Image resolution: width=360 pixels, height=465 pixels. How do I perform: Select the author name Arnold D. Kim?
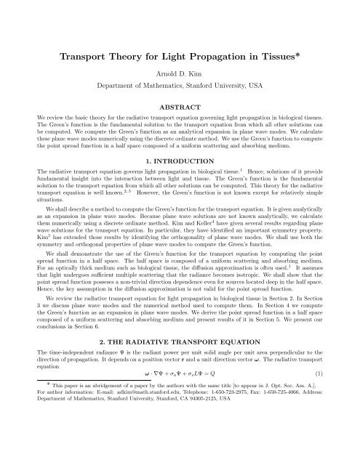click(x=180, y=76)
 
